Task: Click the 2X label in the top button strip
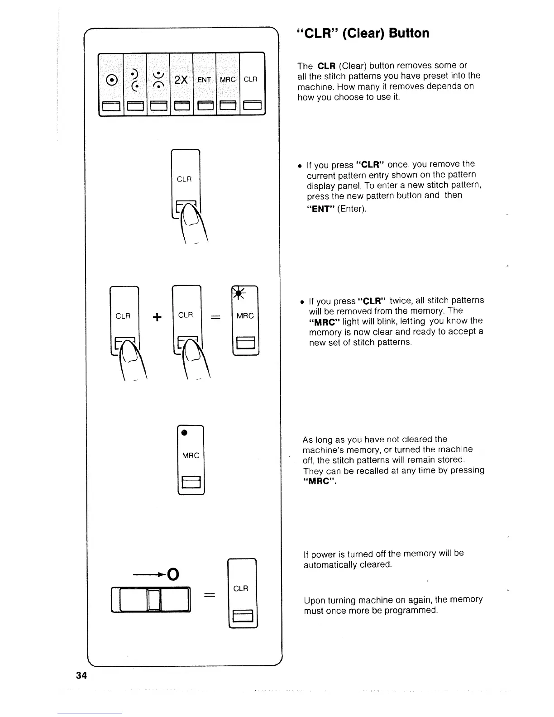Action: [181, 80]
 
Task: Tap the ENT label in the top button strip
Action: [204, 80]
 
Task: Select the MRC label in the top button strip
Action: [227, 80]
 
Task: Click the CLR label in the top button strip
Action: [250, 80]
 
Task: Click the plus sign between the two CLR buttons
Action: [157, 317]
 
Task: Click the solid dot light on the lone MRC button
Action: [184, 433]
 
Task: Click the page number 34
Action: [81, 676]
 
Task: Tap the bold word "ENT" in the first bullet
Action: [320, 209]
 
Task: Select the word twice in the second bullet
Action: [400, 301]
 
